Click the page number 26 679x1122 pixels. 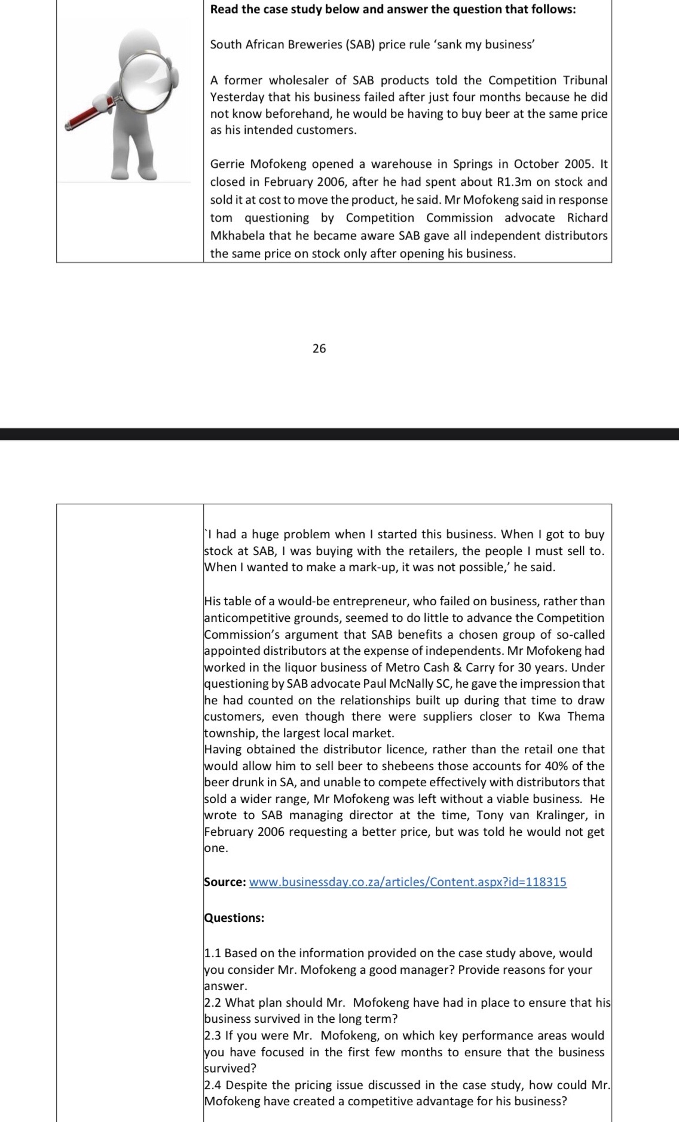tap(319, 348)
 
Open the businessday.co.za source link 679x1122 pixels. tap(408, 882)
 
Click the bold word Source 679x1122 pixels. tap(224, 882)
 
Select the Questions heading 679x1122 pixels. tap(234, 918)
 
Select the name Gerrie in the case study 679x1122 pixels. tap(228, 164)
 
